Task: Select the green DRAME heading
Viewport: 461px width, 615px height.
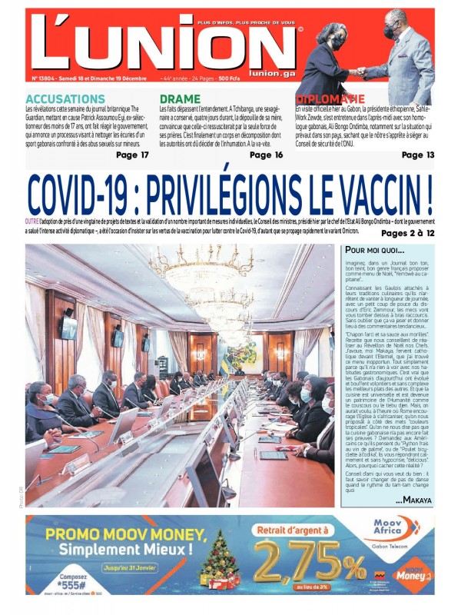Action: (x=180, y=99)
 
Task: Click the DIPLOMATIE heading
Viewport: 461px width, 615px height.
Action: (x=330, y=99)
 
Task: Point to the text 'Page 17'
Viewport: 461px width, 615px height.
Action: (x=132, y=155)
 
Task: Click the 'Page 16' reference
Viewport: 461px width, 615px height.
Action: (x=267, y=155)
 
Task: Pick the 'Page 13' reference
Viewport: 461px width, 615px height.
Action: (x=418, y=155)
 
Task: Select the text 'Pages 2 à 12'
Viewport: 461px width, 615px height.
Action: (x=407, y=232)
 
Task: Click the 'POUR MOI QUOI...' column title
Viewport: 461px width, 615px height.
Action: (x=374, y=251)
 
